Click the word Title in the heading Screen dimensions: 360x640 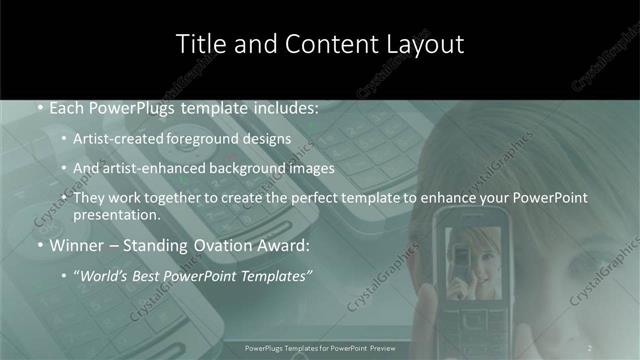pos(200,44)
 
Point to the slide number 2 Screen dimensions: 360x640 pos(590,348)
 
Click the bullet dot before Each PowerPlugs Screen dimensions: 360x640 pos(38,108)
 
